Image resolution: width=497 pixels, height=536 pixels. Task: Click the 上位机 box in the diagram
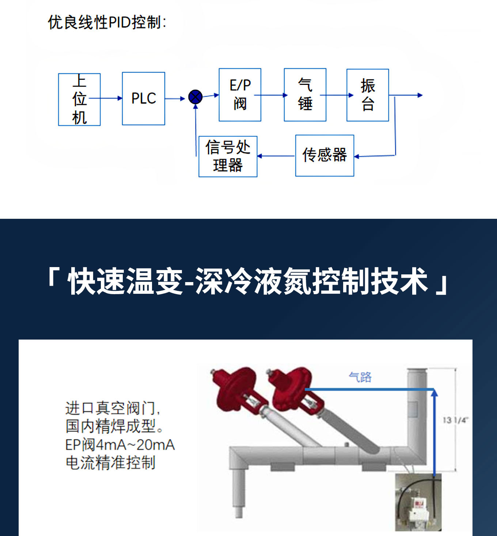click(x=79, y=99)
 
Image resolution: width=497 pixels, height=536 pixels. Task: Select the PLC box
click(x=144, y=98)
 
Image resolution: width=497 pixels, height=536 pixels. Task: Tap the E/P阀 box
click(x=240, y=95)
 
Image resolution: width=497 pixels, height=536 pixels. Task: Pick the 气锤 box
click(x=305, y=95)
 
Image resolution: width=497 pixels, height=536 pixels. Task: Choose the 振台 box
click(x=368, y=95)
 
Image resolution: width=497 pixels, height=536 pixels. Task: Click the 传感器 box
click(x=325, y=156)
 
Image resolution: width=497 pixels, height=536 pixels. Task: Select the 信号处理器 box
click(x=228, y=157)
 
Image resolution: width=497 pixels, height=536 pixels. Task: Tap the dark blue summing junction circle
click(x=196, y=97)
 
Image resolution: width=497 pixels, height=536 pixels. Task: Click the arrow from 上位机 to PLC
click(x=106, y=98)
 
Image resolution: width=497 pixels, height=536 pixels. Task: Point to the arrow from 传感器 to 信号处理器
click(x=276, y=156)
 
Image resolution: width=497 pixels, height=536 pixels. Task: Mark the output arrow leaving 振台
click(x=406, y=95)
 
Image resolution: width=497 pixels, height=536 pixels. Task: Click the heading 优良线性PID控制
click(x=107, y=22)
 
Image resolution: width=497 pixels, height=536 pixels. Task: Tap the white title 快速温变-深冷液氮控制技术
click(x=248, y=281)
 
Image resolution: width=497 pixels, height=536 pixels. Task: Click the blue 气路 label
click(x=360, y=377)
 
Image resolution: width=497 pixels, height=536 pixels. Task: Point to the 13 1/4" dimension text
click(x=455, y=420)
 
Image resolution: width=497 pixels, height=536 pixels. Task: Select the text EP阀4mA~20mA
click(x=120, y=445)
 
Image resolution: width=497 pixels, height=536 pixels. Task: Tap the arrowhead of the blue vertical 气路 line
click(x=434, y=393)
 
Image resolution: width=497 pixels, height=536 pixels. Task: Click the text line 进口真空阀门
click(x=113, y=408)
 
